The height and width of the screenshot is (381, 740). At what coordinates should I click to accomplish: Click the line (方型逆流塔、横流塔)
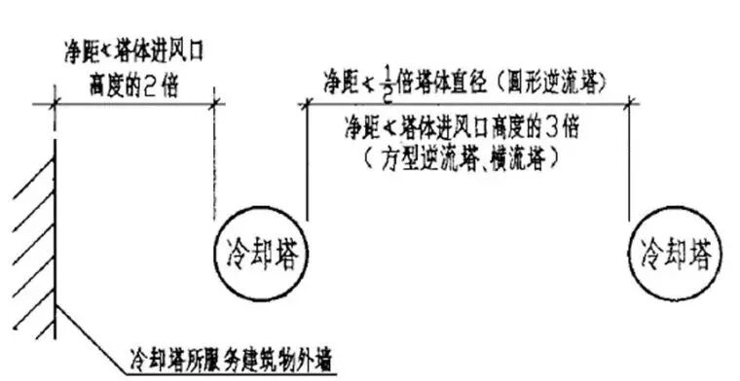coord(465,154)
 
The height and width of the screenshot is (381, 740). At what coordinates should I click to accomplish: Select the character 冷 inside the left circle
coord(231,256)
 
